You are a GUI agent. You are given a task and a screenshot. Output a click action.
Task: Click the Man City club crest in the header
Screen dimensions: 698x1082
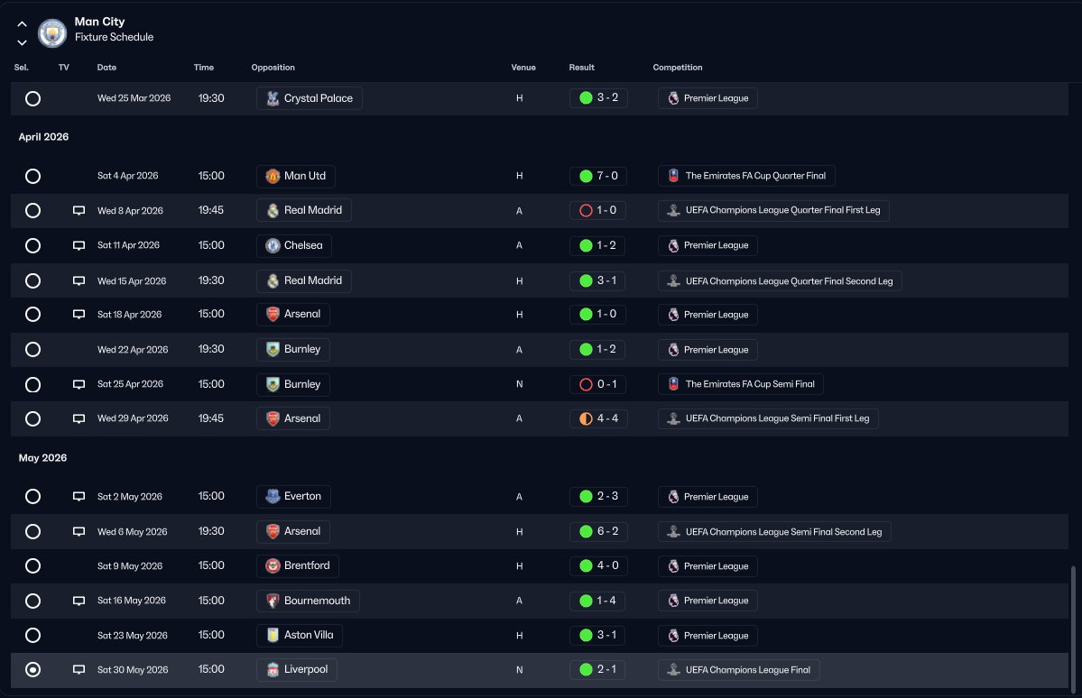coord(52,33)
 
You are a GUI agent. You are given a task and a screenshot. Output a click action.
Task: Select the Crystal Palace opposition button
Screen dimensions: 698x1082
coord(309,98)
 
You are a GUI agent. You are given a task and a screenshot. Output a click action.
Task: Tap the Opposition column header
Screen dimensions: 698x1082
coord(273,68)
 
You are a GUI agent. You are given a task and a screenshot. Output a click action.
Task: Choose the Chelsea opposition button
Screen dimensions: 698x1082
coord(294,245)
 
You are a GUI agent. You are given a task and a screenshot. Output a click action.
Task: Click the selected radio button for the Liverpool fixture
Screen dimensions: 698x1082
coord(33,670)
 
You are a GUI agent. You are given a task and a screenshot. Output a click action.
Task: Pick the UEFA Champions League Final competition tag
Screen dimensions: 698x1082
coord(739,670)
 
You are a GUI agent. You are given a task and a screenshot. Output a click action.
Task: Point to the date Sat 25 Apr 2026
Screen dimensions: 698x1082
coord(130,384)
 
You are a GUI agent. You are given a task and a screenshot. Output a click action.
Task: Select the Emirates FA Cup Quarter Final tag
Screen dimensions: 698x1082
coord(746,176)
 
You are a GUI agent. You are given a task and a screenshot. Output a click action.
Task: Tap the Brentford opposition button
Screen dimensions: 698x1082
coord(298,566)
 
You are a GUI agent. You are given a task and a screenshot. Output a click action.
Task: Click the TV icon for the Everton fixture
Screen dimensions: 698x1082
coord(79,497)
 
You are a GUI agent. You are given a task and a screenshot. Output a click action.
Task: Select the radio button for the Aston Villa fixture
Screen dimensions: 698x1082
coord(33,636)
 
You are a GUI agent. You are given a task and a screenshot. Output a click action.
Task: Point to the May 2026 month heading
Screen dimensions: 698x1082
coord(43,458)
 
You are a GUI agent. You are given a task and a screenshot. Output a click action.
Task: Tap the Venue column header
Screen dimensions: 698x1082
coord(523,68)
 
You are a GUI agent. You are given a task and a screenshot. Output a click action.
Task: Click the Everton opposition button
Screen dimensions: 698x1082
coord(293,497)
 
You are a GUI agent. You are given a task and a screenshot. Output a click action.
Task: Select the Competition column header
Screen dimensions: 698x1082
coord(677,68)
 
